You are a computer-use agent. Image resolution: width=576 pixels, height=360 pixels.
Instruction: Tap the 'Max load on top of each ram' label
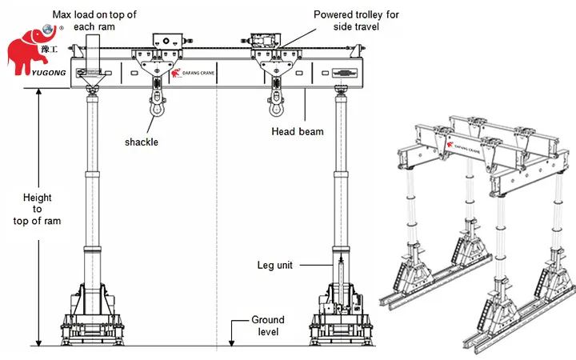[93, 20]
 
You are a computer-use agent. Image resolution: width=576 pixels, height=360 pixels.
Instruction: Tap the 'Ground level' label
[266, 324]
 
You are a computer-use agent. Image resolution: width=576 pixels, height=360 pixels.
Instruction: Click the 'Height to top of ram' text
[42, 210]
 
